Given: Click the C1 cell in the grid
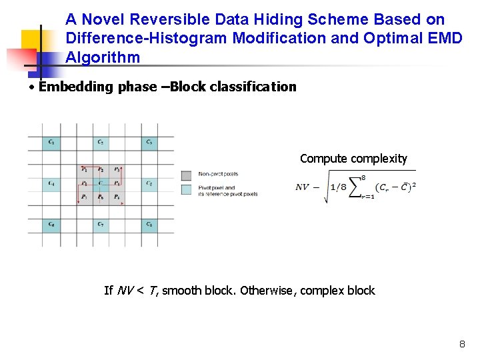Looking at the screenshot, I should (51, 142).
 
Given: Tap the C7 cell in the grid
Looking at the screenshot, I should (101, 225).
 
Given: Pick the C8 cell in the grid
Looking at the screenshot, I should (149, 225).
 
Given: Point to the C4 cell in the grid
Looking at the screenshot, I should (51, 183).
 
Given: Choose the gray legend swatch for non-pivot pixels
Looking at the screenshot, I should (187, 175).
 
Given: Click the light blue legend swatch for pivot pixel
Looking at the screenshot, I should (187, 189).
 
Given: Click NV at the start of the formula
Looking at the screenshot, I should (303, 187).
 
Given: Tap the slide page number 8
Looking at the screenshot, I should (462, 345).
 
